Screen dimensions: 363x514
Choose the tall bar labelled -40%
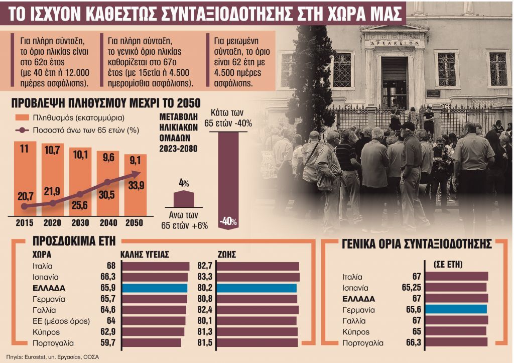(228, 176)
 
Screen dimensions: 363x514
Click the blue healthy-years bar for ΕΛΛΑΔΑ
(155, 288)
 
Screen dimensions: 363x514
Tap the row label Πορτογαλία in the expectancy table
(53, 343)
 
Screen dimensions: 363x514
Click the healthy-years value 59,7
(108, 343)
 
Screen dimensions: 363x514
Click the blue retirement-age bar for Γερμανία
(456, 309)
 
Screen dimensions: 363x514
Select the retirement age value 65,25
(408, 288)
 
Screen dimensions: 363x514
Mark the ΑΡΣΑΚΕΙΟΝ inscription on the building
(394, 43)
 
